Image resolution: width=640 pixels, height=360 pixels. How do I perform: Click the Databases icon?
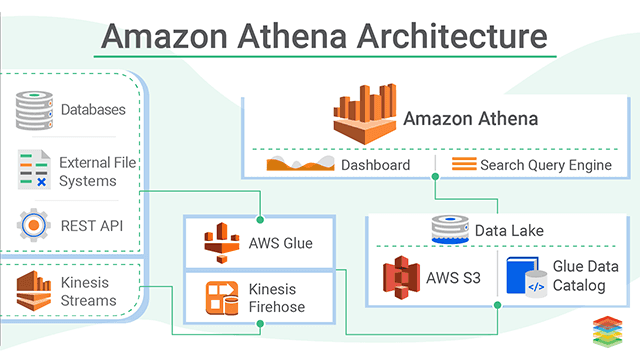click(34, 110)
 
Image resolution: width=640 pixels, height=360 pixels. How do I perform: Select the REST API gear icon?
click(34, 224)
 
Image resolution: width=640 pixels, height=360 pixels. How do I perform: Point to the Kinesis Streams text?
click(89, 291)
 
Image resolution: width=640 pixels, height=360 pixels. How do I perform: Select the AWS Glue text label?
click(280, 243)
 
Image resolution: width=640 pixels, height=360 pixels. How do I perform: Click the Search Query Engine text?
click(545, 165)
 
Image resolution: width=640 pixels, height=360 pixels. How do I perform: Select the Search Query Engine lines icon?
click(463, 164)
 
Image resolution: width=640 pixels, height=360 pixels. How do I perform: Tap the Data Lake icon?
click(449, 229)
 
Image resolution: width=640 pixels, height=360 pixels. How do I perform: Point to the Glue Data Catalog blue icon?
click(524, 278)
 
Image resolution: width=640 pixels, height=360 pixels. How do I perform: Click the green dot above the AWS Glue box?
click(260, 218)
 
